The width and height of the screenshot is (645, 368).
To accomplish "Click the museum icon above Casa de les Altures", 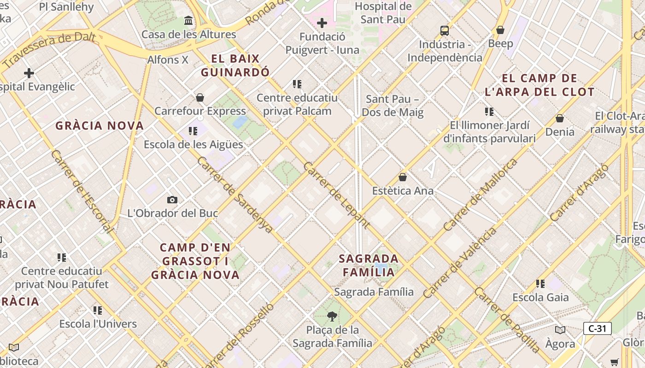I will [188, 21].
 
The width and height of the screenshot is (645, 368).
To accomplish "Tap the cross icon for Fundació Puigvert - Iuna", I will [322, 23].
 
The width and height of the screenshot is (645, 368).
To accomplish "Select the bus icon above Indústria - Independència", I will [445, 31].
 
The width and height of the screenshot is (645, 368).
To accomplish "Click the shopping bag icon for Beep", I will [500, 30].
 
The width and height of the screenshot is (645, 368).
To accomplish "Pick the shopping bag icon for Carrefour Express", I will [200, 98].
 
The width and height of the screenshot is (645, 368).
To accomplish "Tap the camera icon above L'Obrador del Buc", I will [172, 200].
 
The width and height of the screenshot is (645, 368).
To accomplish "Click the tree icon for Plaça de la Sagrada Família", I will [331, 316].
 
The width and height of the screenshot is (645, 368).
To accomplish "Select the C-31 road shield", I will [598, 328].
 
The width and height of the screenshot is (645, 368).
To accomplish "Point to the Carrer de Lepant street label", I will [336, 195].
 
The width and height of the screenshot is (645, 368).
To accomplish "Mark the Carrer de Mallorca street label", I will [480, 195].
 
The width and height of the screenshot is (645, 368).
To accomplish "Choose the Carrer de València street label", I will [460, 262].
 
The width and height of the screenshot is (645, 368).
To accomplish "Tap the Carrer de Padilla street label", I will [507, 320].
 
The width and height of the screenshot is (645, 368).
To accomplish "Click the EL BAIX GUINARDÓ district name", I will [235, 65].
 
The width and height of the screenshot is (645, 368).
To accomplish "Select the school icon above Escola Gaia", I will [540, 284].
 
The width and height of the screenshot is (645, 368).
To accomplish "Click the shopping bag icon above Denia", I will [560, 119].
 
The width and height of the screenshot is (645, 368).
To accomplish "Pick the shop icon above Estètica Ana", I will [403, 177].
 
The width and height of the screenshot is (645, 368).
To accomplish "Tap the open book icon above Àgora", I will [560, 330].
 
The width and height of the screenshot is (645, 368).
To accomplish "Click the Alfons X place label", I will [168, 60].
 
